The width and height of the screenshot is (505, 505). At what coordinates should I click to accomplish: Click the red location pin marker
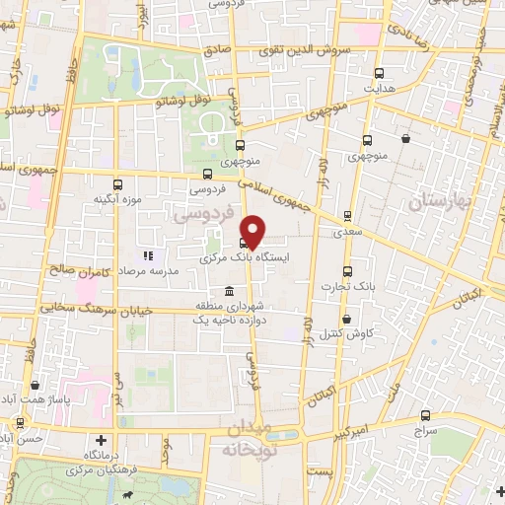(253, 230)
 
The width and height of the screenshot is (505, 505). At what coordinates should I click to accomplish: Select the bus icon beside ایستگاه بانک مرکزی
(244, 243)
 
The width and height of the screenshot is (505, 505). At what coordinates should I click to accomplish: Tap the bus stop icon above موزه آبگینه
(118, 184)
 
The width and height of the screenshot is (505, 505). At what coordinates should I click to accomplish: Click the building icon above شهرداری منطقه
(229, 292)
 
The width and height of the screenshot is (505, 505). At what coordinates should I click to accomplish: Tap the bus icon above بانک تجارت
(346, 272)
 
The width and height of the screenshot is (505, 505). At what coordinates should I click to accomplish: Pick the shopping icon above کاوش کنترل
(347, 319)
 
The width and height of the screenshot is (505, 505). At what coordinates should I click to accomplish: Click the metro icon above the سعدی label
(347, 215)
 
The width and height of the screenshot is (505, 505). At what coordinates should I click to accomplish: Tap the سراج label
(425, 431)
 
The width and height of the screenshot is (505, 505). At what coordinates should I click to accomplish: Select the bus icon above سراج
(425, 416)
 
